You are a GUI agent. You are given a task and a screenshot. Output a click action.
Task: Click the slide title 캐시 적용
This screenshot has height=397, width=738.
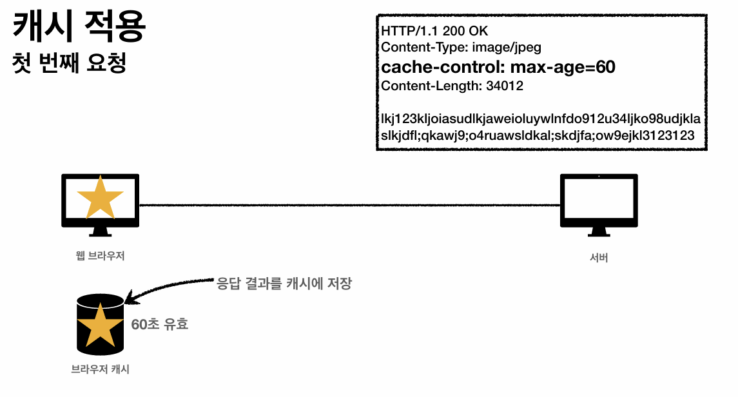79,28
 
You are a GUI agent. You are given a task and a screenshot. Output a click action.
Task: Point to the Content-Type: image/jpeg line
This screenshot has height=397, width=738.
461,47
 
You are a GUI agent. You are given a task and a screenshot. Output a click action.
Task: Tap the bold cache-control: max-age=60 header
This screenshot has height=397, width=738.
498,67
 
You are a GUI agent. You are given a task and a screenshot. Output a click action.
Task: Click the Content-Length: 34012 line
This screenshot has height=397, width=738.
452,86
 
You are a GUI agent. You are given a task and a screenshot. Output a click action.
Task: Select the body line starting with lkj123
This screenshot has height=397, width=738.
541,119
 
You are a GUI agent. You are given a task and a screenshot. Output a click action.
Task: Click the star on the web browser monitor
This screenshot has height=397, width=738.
100,197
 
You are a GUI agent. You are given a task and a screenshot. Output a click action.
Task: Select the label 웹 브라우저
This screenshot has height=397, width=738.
100,256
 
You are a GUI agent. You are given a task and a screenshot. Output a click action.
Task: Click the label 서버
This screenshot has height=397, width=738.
599,258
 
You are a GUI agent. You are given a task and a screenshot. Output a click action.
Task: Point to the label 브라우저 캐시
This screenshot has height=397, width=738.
100,370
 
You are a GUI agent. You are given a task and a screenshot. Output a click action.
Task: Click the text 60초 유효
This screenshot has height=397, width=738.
160,325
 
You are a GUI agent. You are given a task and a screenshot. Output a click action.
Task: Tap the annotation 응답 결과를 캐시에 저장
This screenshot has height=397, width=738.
284,283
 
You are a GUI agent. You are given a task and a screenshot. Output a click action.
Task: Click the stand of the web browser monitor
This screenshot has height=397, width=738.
100,231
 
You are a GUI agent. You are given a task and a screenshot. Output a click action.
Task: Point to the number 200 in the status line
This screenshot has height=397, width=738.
453,32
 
